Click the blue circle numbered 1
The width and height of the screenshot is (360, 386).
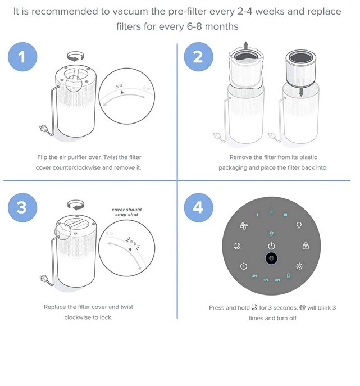click(x=22, y=58)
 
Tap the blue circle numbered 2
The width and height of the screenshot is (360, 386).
click(x=198, y=58)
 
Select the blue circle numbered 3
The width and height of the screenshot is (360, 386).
click(x=22, y=207)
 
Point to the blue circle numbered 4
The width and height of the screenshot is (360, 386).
click(x=198, y=207)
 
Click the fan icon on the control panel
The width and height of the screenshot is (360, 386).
click(x=243, y=226)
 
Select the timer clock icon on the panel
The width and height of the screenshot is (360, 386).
click(x=244, y=266)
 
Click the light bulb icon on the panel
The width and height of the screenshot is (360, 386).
click(x=299, y=226)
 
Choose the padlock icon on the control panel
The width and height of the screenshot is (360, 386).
click(x=306, y=246)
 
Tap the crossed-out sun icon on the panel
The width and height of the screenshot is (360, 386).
click(x=299, y=266)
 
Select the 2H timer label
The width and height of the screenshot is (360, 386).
click(x=254, y=276)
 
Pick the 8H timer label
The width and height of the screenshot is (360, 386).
click(x=277, y=279)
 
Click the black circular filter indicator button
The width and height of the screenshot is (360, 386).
click(x=271, y=259)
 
